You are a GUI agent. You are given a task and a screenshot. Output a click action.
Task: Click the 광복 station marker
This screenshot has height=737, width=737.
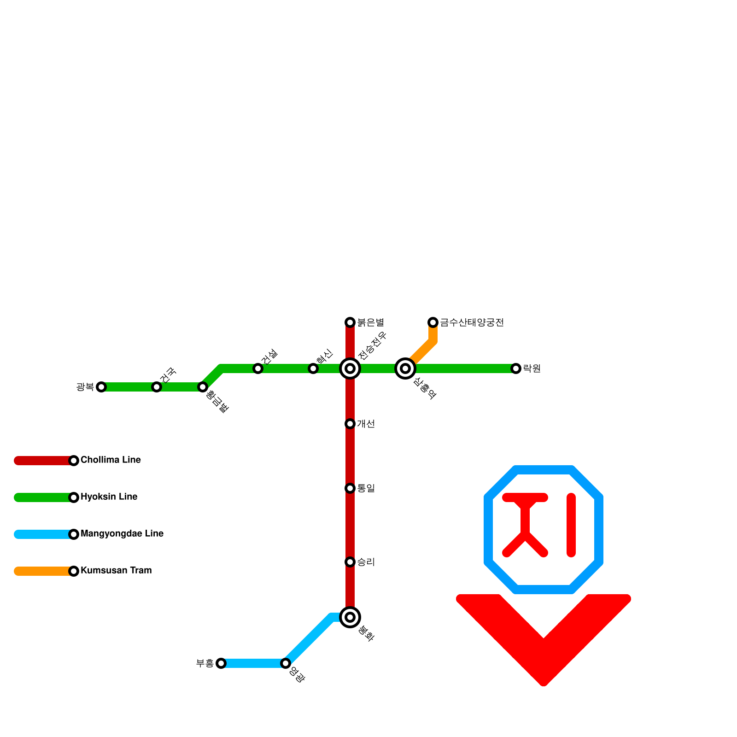pos(101,387)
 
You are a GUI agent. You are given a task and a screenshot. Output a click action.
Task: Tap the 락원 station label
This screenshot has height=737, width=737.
pos(532,368)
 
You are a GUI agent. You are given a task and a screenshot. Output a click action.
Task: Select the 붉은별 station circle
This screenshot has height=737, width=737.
pos(350,322)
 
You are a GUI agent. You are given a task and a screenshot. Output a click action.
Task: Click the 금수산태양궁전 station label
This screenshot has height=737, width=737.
pos(472,322)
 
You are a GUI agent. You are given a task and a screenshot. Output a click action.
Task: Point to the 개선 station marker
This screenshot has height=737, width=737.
pos(350,424)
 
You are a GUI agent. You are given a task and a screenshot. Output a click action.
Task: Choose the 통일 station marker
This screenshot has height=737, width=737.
pos(350,488)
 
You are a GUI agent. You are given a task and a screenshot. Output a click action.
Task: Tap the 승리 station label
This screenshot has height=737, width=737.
pos(366,562)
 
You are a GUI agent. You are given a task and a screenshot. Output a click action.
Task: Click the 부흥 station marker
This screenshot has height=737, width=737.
pos(221,663)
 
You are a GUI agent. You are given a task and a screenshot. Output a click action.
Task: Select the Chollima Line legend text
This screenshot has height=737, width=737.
pos(111,460)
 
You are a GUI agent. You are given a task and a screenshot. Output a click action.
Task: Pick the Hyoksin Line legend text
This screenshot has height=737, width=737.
pos(109,497)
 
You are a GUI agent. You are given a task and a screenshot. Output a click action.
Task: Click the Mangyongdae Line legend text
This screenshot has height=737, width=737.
pos(122,534)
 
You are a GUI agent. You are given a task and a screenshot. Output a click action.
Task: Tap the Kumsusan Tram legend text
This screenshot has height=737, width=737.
pos(116,571)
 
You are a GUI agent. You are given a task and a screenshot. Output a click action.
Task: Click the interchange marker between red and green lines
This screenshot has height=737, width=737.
pos(350,368)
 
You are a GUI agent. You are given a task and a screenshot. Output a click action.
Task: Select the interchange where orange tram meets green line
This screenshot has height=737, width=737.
pos(405,368)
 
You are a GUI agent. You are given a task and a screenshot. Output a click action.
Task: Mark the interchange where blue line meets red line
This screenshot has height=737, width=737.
pos(350,617)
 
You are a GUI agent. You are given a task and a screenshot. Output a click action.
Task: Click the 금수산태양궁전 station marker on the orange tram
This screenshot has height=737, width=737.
pos(433,322)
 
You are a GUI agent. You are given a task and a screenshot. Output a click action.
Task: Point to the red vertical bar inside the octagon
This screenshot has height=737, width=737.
pos(571,525)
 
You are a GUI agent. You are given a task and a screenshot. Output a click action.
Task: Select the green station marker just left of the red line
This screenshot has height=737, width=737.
pos(313,368)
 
